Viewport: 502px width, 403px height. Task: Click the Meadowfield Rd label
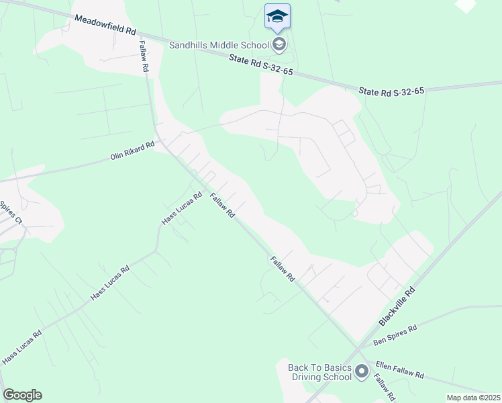(x=105, y=26)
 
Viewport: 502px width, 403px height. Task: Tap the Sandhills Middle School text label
(x=219, y=46)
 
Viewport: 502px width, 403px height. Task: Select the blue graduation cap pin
(x=277, y=16)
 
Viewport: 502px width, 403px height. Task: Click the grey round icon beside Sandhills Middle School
(x=279, y=45)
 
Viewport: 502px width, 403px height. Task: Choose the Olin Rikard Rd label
(x=132, y=151)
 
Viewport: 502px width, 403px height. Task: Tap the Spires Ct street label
(x=11, y=212)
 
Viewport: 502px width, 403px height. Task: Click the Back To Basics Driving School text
(x=319, y=372)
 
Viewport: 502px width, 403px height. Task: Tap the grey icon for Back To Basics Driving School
(x=362, y=371)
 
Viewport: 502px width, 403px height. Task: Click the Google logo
(x=22, y=395)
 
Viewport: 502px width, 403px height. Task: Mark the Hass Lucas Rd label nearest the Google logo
(x=21, y=347)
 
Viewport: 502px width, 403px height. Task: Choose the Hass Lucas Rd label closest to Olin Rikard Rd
(x=182, y=210)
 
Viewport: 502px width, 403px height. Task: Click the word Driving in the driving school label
(x=308, y=377)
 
